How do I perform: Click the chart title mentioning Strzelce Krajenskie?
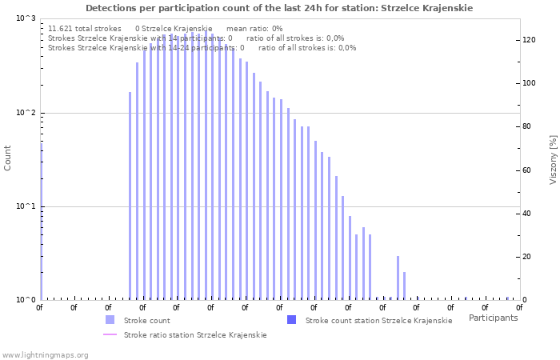tap(278, 8)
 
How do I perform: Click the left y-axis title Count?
tap(8, 158)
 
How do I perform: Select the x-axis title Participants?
tap(493, 318)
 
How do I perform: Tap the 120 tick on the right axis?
tap(528, 40)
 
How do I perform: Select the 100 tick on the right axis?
tap(528, 83)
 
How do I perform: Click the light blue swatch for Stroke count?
tap(110, 320)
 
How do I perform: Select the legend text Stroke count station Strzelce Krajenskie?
tap(378, 320)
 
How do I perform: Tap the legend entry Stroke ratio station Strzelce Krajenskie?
tap(195, 335)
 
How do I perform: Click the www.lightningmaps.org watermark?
tap(45, 354)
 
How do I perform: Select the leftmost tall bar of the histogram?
tap(130, 195)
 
